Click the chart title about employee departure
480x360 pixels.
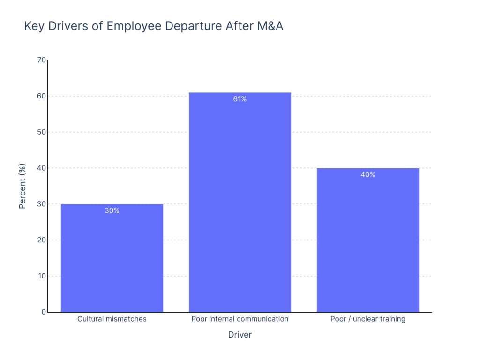point(154,27)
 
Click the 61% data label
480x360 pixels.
point(240,99)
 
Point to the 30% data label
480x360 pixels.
point(112,211)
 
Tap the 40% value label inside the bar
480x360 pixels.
point(367,175)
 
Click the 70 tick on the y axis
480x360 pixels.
point(42,60)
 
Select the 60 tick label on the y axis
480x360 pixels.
point(42,96)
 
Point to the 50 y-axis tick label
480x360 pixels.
point(42,132)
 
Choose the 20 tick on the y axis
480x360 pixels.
point(42,240)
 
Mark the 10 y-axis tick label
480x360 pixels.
point(42,276)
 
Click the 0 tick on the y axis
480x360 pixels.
point(44,312)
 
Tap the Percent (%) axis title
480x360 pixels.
point(22,186)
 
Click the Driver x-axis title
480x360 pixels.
point(240,335)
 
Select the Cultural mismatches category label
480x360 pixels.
point(112,319)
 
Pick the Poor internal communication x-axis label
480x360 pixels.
point(240,319)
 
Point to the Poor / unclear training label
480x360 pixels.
point(367,319)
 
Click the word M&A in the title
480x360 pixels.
point(270,27)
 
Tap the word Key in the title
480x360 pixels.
point(34,27)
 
